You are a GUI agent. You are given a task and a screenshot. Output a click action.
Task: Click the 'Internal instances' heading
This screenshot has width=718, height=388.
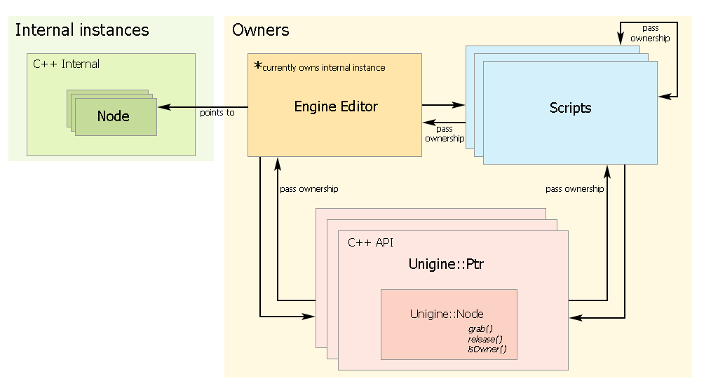(82, 30)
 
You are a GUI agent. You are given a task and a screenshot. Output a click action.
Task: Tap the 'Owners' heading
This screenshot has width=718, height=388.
(260, 30)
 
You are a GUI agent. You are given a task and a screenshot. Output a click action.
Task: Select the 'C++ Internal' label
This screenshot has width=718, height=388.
(67, 64)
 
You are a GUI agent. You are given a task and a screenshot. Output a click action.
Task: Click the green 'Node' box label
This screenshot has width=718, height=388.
(114, 116)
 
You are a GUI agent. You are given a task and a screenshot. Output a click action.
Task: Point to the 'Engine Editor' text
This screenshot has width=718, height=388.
(336, 106)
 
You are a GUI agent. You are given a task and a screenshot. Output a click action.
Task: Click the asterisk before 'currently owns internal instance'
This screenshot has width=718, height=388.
(257, 67)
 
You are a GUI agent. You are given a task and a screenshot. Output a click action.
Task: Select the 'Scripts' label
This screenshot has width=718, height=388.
(570, 108)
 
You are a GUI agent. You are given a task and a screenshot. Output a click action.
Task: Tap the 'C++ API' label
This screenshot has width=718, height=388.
(371, 242)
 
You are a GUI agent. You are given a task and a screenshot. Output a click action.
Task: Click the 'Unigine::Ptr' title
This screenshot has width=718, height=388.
(446, 264)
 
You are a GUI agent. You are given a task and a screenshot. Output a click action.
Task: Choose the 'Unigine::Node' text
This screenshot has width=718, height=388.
(447, 314)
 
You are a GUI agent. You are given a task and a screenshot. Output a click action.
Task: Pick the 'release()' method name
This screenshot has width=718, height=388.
(486, 339)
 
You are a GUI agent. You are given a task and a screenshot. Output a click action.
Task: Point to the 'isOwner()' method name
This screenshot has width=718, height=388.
(487, 349)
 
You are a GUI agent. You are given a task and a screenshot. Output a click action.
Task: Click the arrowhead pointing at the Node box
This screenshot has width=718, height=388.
(163, 107)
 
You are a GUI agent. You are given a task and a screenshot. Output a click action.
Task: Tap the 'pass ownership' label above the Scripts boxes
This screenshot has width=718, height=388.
(650, 33)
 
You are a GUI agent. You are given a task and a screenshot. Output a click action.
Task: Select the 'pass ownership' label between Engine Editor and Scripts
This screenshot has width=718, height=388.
(445, 133)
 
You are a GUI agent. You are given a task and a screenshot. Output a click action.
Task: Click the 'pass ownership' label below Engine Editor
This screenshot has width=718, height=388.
(309, 189)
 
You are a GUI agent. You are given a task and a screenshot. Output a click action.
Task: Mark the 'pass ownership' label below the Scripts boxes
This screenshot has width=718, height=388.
(575, 189)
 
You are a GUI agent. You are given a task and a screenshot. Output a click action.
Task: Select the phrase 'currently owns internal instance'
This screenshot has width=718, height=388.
(324, 68)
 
